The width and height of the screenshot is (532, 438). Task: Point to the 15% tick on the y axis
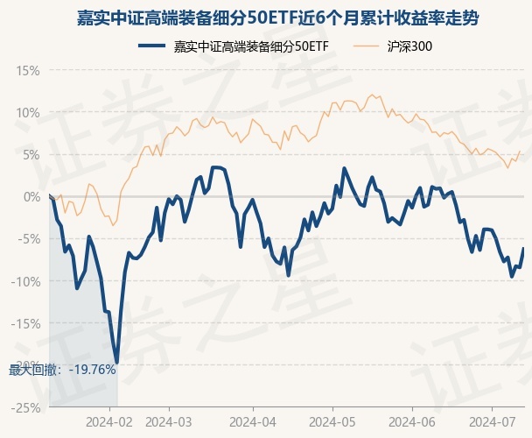click(27, 70)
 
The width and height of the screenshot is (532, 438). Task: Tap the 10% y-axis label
click(27, 112)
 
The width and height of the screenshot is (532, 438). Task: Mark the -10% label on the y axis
click(24, 280)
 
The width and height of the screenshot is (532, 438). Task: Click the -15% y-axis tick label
click(24, 322)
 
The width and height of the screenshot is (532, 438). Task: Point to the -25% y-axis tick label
click(24, 407)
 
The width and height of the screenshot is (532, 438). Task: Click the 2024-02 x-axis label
click(111, 421)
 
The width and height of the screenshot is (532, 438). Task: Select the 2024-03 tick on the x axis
click(170, 421)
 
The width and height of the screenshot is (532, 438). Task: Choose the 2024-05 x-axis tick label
click(331, 421)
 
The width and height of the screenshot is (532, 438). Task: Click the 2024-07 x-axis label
click(492, 421)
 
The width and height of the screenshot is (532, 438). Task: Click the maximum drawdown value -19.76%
click(87, 370)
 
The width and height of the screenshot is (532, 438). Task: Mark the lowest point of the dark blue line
click(116, 363)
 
